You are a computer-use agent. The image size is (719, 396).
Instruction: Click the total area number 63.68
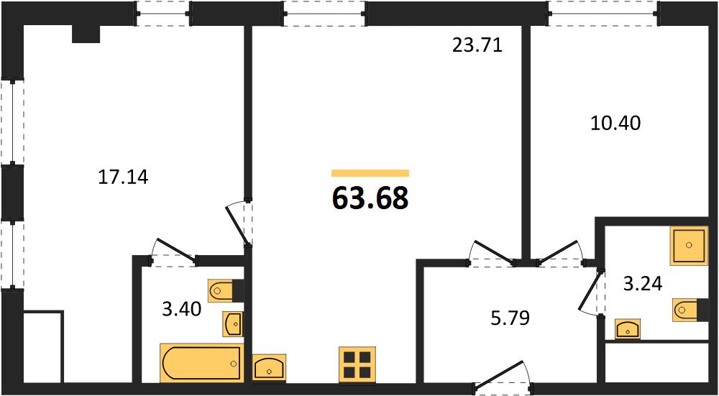pos(370,199)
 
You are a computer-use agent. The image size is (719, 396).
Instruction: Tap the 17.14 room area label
pos(124,177)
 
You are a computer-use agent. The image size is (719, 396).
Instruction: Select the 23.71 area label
pos(477,45)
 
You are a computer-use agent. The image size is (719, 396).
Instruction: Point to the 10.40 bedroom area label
pos(615,123)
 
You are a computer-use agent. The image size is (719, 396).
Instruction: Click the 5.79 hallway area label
pos(510,318)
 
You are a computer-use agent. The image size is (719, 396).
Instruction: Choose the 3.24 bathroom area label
pos(642,284)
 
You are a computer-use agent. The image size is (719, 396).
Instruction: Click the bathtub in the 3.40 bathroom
pos(201,363)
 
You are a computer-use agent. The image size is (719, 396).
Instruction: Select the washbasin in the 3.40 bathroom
pos(234,323)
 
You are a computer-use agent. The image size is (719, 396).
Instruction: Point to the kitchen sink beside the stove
pos(269,367)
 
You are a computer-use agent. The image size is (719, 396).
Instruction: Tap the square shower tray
pos(689,246)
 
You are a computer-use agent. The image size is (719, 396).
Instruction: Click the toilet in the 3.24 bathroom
pos(690,309)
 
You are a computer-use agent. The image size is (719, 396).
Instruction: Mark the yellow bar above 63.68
pos(370,172)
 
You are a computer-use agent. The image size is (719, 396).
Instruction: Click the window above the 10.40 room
pos(603,13)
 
